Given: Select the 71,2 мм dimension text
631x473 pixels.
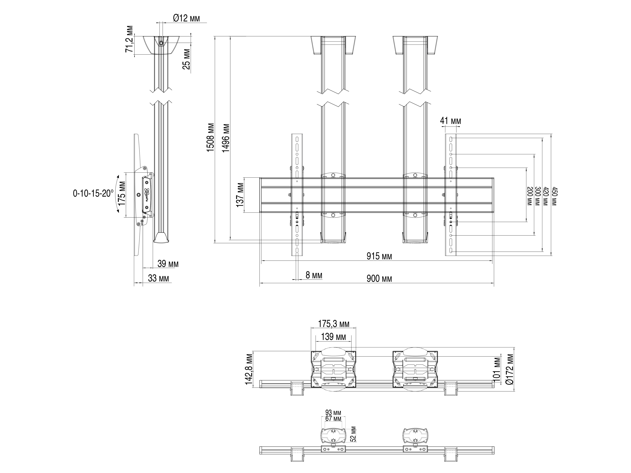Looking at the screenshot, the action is point(129,39).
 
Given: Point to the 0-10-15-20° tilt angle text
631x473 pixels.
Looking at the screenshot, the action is point(93,194).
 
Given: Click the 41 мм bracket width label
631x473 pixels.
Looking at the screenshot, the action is point(450,121).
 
